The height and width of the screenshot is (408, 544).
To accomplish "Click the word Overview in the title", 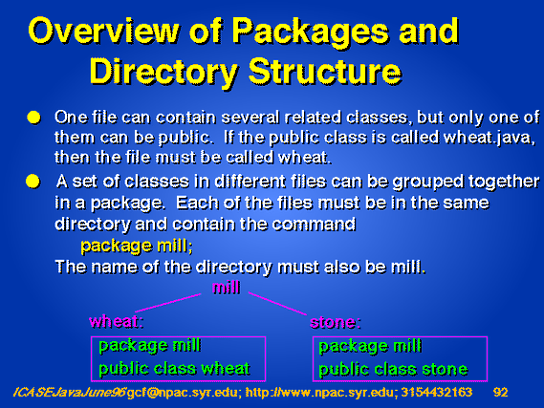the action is (x=103, y=30).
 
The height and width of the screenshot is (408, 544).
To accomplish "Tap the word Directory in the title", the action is (x=163, y=72).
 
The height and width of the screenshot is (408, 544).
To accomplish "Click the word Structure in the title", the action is (x=325, y=71).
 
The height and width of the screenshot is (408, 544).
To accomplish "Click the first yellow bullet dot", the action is (x=33, y=118).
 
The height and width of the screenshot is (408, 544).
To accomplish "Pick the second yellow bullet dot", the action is (x=33, y=182).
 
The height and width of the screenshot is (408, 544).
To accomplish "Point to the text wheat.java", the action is (x=488, y=138).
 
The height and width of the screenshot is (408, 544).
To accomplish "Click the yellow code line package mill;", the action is (x=137, y=247).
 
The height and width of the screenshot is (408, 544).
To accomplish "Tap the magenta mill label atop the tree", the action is (x=226, y=288).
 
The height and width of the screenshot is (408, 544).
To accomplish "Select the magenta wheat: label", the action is (x=117, y=321).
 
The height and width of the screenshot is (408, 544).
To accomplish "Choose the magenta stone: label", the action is (x=336, y=322).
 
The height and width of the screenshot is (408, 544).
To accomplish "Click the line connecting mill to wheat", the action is (x=168, y=303).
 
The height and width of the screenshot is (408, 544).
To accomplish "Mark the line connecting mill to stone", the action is (x=277, y=304).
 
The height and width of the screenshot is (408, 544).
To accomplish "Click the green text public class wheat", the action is (x=174, y=369).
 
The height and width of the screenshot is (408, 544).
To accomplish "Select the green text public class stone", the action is (x=393, y=370).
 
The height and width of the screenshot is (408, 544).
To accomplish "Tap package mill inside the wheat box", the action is (x=149, y=346).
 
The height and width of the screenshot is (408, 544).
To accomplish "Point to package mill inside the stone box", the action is (x=370, y=346).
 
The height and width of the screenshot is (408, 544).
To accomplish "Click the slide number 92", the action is (x=500, y=392).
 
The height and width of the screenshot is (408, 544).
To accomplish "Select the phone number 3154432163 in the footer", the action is (x=437, y=392).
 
